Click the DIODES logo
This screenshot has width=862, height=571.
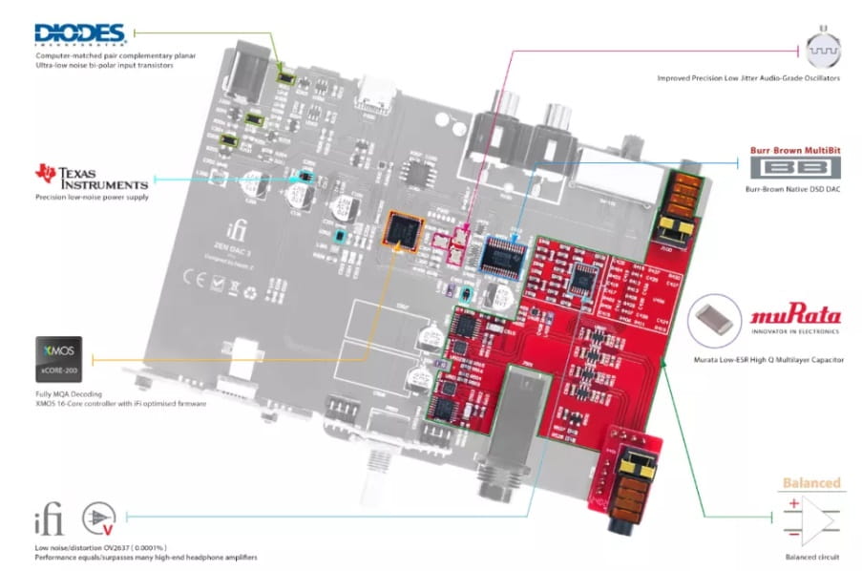(81, 35)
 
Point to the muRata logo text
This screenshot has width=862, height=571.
(795, 316)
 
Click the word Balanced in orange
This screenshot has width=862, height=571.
(811, 483)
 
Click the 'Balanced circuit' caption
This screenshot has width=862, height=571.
(811, 557)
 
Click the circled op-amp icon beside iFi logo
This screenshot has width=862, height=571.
(96, 520)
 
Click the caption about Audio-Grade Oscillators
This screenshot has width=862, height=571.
(748, 77)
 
